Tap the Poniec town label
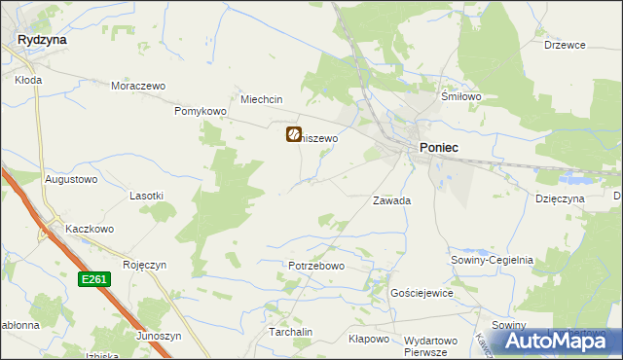click(439, 146)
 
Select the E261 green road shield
click(93, 280)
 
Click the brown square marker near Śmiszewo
click(293, 135)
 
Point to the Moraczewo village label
click(135, 86)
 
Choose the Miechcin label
click(261, 99)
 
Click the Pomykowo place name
click(201, 112)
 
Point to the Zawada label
click(392, 200)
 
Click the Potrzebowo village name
click(316, 266)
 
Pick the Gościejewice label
click(421, 293)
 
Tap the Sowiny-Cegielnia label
click(492, 260)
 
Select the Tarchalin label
click(290, 332)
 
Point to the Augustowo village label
click(71, 180)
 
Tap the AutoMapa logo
click(560, 341)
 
